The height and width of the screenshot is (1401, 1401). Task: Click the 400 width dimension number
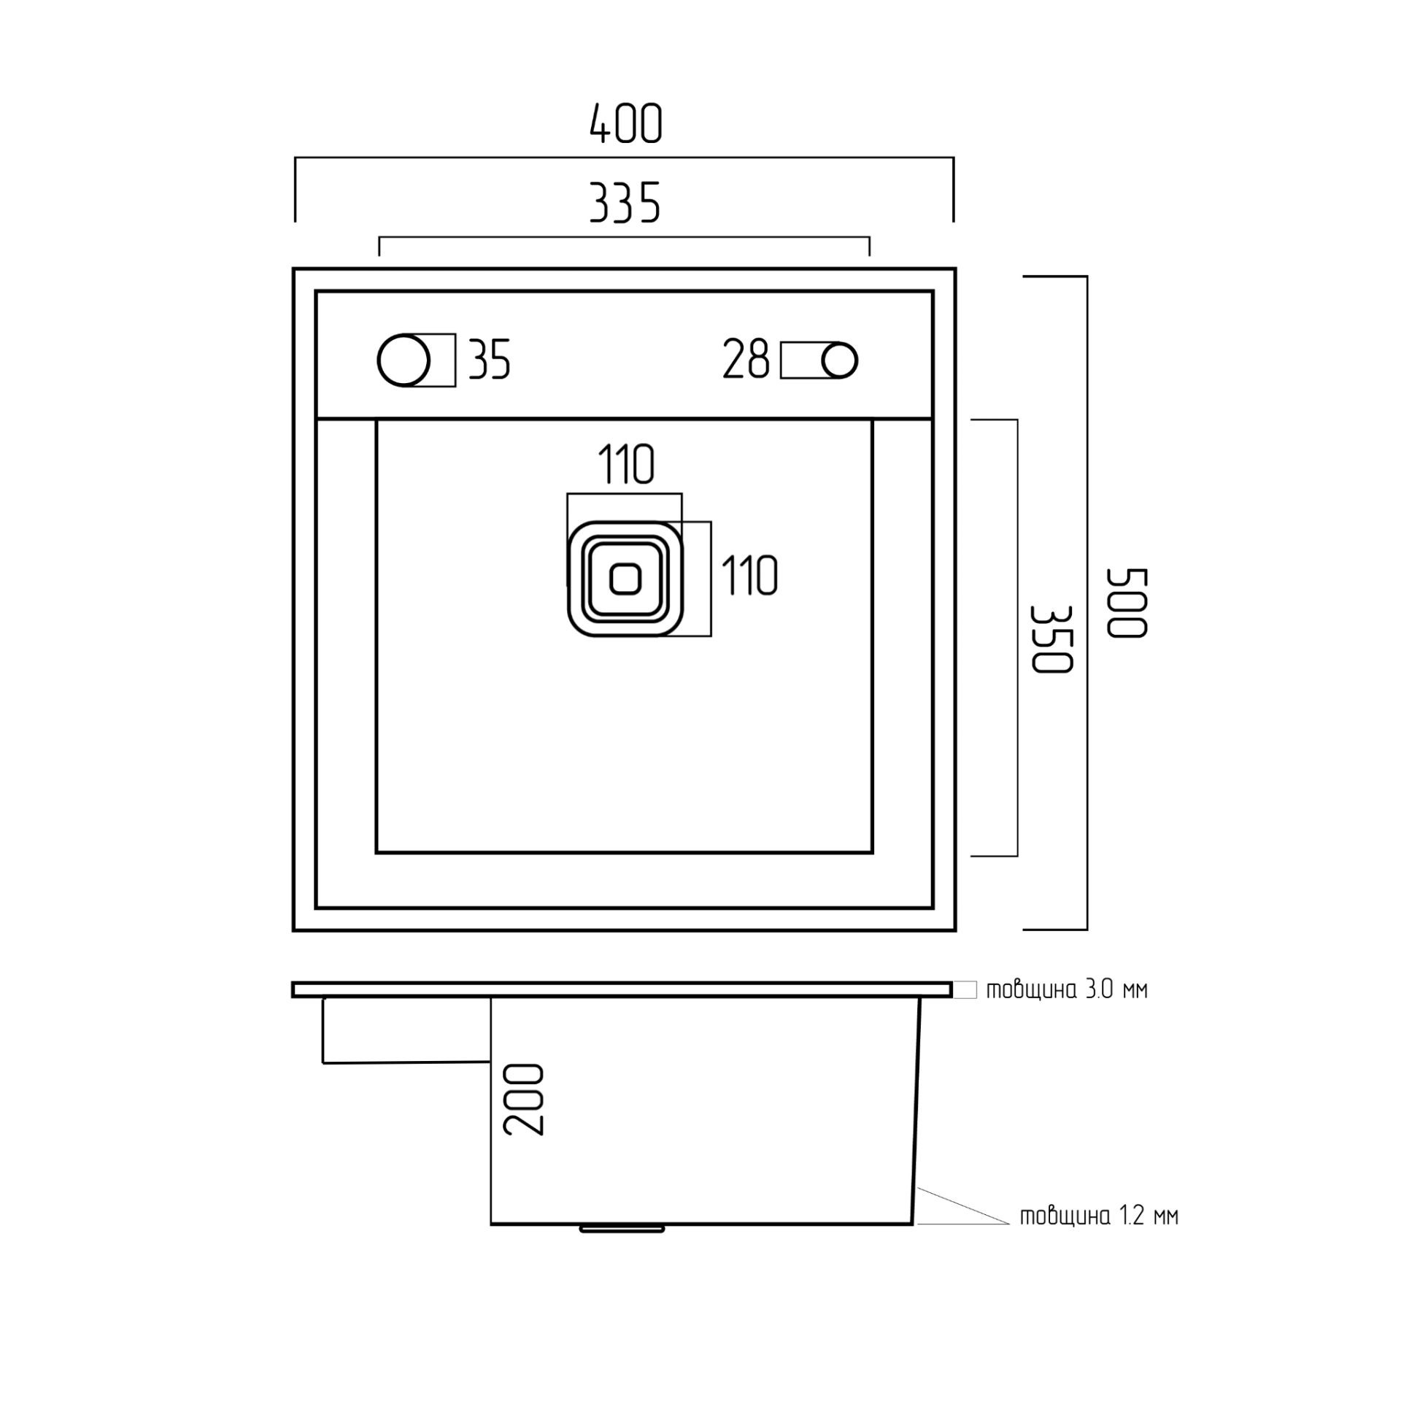pos(625,123)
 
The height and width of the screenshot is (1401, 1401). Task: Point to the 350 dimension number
pos(1051,638)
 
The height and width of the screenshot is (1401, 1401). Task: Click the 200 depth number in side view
pos(524,1099)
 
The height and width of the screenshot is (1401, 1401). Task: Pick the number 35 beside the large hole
pos(489,359)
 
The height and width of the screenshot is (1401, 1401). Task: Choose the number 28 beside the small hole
pos(746,359)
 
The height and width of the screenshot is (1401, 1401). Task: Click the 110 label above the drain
pos(626,465)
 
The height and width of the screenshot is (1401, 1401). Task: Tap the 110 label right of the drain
pos(749,576)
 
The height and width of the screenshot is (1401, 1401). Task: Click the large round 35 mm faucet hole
pos(404,360)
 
